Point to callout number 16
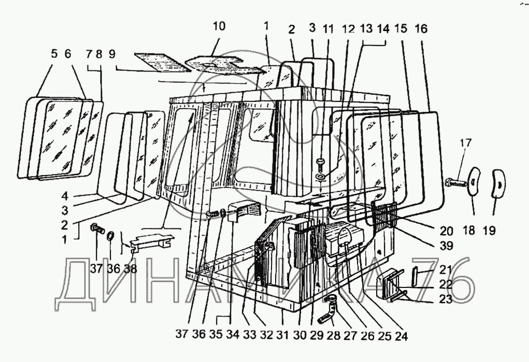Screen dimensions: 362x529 click(421, 29)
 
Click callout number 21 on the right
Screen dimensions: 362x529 click(445, 269)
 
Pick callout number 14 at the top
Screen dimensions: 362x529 click(383, 30)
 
